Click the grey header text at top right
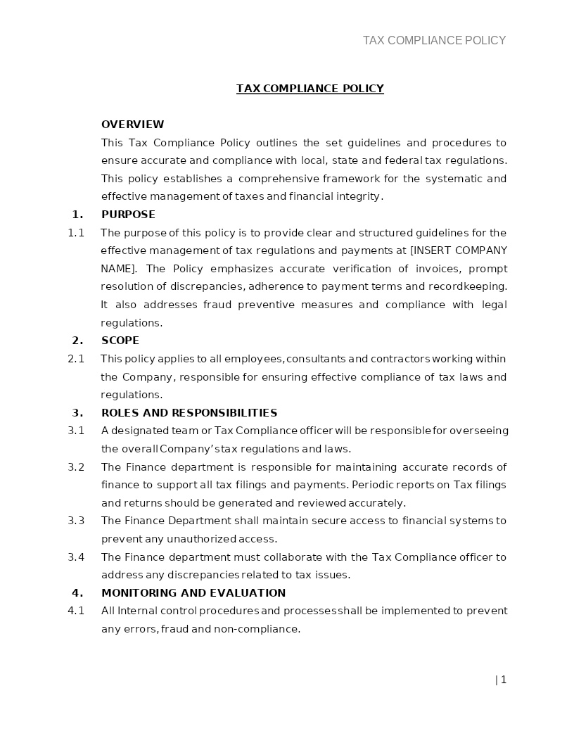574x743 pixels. pos(434,41)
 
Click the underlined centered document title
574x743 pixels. pos(310,89)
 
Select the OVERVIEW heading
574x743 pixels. pos(132,125)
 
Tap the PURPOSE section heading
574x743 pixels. pos(128,215)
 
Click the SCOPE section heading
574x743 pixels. pos(120,341)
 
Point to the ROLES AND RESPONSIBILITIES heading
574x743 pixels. pos(189,413)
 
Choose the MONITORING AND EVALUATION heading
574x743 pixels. pos(193,593)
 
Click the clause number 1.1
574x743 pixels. pos(76,233)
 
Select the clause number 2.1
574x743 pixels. pos(76,359)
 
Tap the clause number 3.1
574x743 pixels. pos(76,431)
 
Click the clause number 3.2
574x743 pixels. pos(76,467)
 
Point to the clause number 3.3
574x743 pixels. pos(76,521)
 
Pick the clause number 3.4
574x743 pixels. pos(76,557)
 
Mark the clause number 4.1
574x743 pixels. pos(76,611)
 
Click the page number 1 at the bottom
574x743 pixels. pos(503,680)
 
